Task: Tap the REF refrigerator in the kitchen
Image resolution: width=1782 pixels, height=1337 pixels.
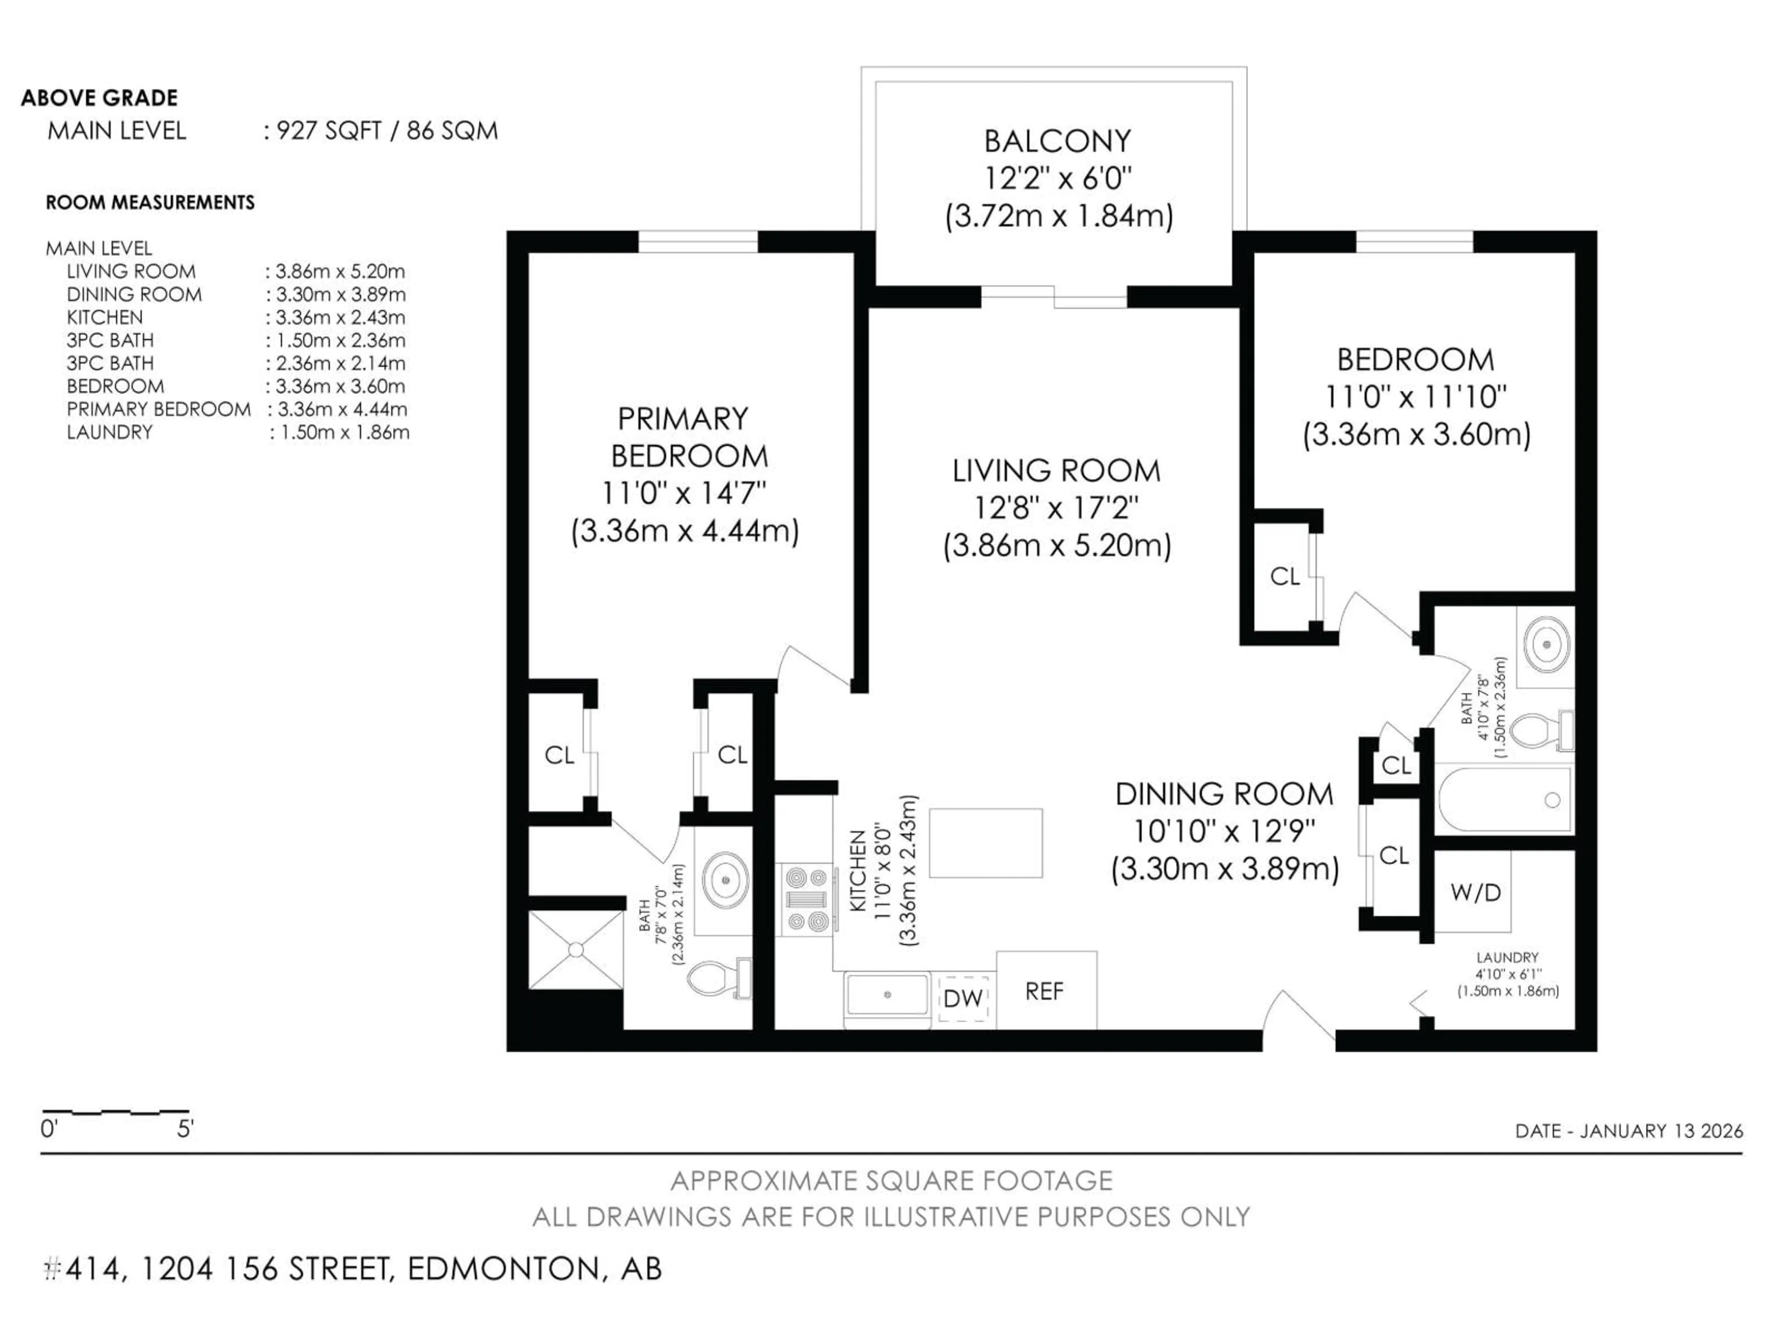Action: click(x=1046, y=991)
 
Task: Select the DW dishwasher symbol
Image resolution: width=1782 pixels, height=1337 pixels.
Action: click(x=963, y=999)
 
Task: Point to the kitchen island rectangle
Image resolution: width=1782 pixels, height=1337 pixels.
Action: click(x=985, y=843)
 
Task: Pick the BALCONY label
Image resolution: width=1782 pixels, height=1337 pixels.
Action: click(x=1057, y=141)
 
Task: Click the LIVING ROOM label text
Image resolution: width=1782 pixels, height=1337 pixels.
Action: click(x=1056, y=471)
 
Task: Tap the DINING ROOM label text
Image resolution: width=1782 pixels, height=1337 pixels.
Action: click(x=1224, y=794)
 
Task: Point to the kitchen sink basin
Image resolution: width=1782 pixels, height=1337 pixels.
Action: click(x=887, y=994)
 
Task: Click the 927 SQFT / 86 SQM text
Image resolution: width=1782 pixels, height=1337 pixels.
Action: click(x=387, y=130)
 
